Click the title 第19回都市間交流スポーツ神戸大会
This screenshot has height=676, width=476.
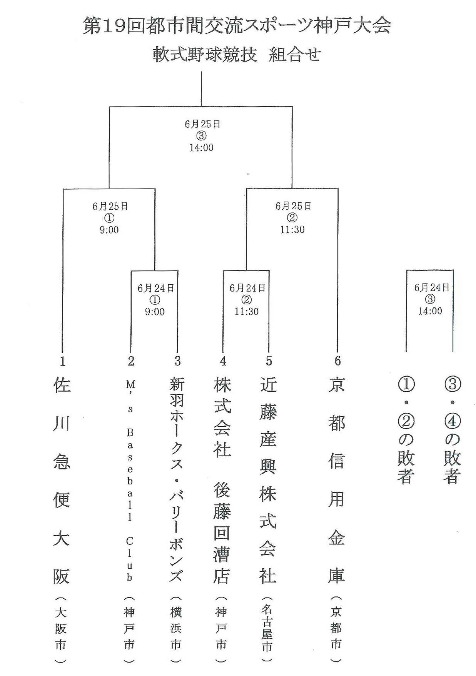pos(237,26)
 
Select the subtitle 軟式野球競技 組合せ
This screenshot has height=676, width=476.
pos(237,54)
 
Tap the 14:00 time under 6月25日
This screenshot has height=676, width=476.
pos(201,148)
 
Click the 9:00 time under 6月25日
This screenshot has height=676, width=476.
pos(109,230)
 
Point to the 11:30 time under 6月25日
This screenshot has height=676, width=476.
pos(292,230)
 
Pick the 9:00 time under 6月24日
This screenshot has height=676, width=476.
pos(155,312)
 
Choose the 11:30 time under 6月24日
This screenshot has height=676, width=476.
pos(247,311)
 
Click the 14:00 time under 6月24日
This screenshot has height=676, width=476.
pos(430,311)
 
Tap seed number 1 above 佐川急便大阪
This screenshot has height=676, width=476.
pos(62,361)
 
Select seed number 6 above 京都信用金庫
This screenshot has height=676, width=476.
pos(337,361)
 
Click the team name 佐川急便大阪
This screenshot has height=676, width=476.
pos(62,481)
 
